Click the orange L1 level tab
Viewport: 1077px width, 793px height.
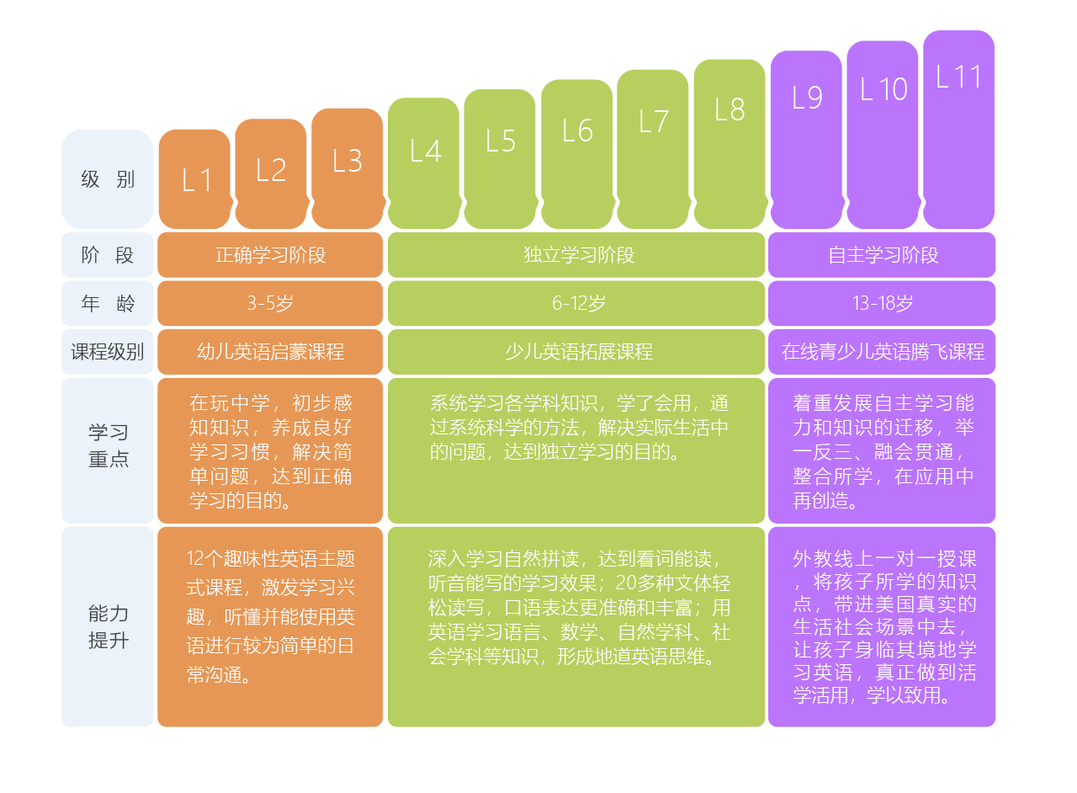[194, 179]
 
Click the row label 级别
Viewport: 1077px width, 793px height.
[108, 179]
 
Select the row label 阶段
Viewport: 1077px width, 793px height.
[108, 255]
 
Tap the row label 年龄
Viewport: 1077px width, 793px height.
[108, 304]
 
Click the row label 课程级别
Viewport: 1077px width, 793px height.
[108, 352]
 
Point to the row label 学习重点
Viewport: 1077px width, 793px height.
[108, 446]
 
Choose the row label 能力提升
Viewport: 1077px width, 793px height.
[108, 626]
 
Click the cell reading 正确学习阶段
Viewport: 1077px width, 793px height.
[270, 255]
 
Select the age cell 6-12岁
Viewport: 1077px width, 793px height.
[577, 304]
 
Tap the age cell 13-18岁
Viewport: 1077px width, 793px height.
[882, 304]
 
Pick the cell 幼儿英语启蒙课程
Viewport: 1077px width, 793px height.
[270, 352]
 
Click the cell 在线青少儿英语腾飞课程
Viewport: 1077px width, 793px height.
[882, 352]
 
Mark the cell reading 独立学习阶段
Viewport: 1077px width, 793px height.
[577, 255]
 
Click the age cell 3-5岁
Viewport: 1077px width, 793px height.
[270, 304]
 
